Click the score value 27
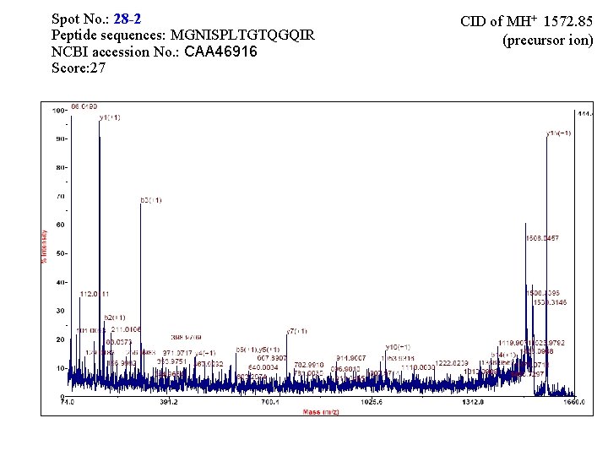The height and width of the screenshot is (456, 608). [97, 68]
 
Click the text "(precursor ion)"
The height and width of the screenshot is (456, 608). [548, 39]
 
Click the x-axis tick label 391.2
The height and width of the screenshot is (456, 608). [169, 403]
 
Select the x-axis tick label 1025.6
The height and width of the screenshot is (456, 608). [372, 403]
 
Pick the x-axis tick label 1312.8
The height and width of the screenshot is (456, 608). [473, 403]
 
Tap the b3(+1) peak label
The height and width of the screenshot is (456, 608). [150, 200]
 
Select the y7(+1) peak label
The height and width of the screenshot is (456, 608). [296, 331]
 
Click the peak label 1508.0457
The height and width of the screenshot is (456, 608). [542, 238]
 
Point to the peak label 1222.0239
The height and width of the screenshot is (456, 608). [453, 362]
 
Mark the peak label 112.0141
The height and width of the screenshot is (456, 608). [95, 293]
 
